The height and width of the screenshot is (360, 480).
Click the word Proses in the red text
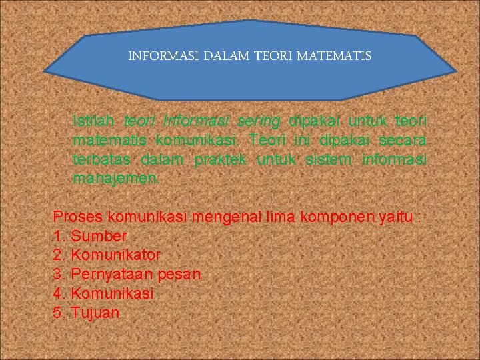[x=75, y=217]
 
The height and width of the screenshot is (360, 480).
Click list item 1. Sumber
[x=89, y=235]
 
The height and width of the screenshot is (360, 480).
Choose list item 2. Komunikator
[x=107, y=255]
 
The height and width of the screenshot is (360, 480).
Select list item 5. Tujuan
[x=86, y=312]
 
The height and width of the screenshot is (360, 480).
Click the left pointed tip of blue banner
[x=45, y=69]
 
